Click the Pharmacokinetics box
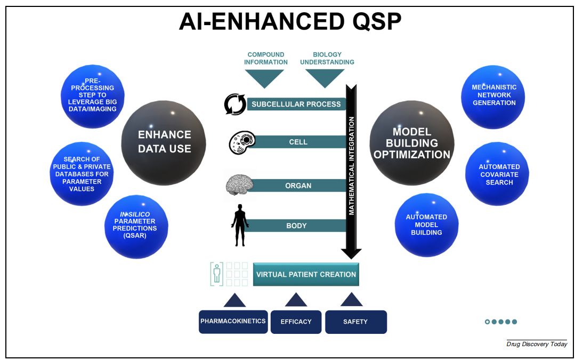(233, 322)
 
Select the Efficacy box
(296, 322)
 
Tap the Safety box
(355, 322)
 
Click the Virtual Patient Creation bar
(306, 275)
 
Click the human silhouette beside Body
(240, 225)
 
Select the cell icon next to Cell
(242, 142)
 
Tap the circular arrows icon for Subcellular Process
(235, 104)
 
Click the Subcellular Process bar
(296, 104)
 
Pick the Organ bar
(298, 186)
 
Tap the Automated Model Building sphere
(426, 225)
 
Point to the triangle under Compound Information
(264, 78)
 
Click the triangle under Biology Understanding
(325, 78)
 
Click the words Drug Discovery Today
(536, 344)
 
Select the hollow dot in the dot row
(487, 322)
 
